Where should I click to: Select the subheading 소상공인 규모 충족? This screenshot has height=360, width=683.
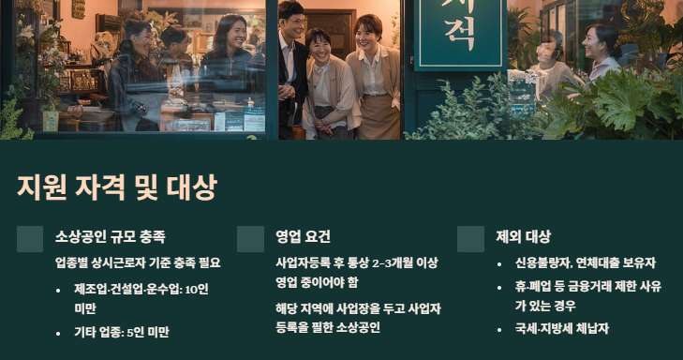(x=111, y=236)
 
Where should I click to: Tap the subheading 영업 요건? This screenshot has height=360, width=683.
(x=303, y=236)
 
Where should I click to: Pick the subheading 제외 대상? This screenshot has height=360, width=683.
(x=524, y=236)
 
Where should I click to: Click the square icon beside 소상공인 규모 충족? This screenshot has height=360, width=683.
(x=30, y=239)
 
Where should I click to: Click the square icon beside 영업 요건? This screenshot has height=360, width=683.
(x=250, y=239)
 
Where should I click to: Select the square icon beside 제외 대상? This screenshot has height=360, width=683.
(x=470, y=239)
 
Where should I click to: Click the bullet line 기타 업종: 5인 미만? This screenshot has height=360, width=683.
(x=122, y=331)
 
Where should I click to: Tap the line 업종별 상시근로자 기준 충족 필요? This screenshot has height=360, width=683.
(x=138, y=262)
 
